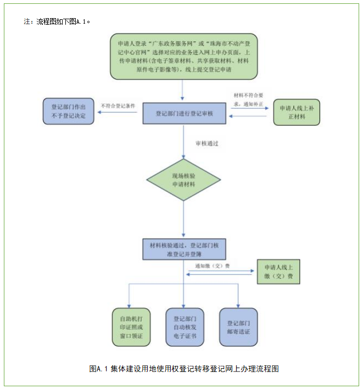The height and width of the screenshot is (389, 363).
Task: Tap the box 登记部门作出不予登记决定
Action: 69,112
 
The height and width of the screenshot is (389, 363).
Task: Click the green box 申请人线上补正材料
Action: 296,112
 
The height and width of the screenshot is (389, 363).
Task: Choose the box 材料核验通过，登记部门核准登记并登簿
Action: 183,249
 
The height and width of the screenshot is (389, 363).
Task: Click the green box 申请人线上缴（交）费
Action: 278,271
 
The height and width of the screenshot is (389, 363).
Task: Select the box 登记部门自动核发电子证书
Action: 185,327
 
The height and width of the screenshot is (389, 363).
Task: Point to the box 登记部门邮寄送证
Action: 238,327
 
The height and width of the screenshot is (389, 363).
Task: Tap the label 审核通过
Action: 207,143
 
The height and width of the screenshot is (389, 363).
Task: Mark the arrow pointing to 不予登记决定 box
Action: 117,113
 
